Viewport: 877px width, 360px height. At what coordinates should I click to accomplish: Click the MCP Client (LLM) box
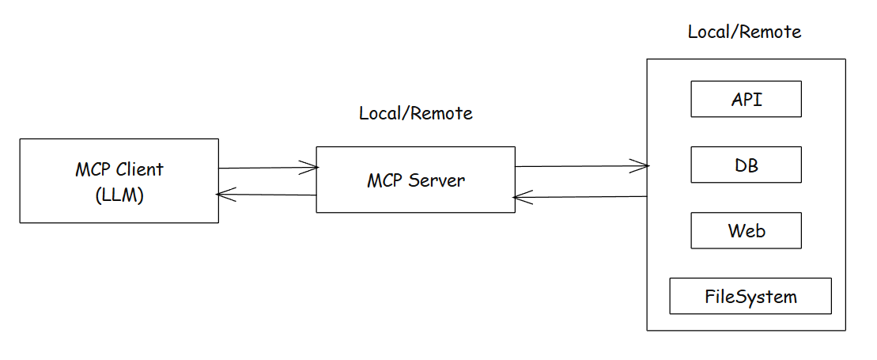(119, 180)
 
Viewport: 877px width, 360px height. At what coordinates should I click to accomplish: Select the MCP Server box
(415, 180)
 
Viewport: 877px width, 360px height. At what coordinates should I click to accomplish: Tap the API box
(746, 99)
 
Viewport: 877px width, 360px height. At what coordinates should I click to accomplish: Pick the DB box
(746, 165)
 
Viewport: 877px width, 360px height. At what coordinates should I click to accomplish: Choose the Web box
(746, 230)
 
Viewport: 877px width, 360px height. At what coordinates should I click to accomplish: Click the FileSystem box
(750, 297)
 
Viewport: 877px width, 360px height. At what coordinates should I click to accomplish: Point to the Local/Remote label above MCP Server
(415, 113)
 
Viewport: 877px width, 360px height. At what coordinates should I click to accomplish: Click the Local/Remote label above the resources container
(744, 32)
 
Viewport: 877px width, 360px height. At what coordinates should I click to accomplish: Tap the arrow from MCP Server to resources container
(581, 166)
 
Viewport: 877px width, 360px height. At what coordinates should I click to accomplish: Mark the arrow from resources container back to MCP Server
(581, 196)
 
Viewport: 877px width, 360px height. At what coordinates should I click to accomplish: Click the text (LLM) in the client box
(119, 195)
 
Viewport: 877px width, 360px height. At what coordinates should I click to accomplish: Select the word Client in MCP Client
(138, 169)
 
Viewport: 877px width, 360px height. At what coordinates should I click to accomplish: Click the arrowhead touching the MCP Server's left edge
(310, 167)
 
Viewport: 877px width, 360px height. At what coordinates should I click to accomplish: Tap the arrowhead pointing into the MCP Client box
(225, 195)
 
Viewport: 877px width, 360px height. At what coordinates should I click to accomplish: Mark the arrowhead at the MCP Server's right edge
(521, 197)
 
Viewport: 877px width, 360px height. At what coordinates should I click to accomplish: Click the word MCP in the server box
(386, 180)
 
